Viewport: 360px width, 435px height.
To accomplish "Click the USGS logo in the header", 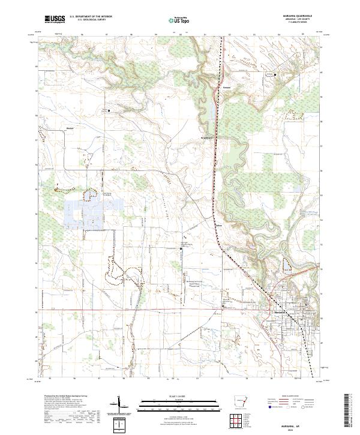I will click(55, 20).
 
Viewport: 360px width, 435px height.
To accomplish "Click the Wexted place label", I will click(69, 128).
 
